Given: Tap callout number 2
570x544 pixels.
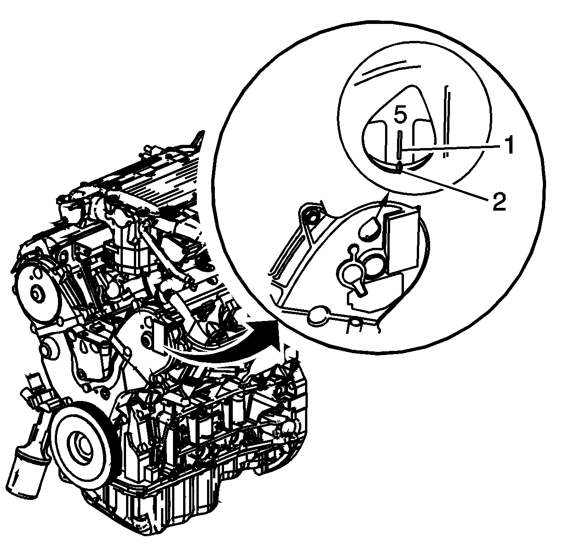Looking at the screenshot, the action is (x=499, y=201).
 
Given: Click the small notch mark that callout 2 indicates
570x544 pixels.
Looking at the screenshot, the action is (x=399, y=169).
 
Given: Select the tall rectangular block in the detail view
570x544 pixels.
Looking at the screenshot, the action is (x=403, y=242).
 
